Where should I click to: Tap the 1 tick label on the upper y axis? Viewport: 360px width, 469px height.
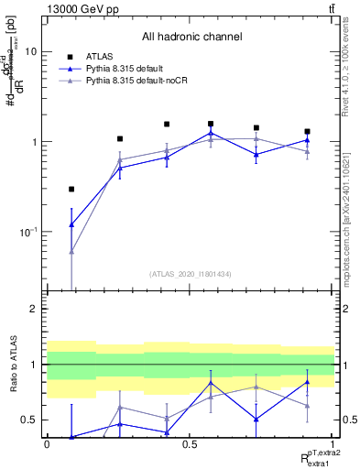(36, 142)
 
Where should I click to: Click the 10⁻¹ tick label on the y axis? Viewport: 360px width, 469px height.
(30, 233)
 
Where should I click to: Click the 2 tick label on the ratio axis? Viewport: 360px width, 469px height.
(36, 310)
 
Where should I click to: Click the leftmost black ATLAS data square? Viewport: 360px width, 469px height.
(71, 190)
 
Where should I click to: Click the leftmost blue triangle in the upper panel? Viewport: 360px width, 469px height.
(71, 224)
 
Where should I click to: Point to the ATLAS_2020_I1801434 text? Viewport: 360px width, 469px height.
(190, 274)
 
